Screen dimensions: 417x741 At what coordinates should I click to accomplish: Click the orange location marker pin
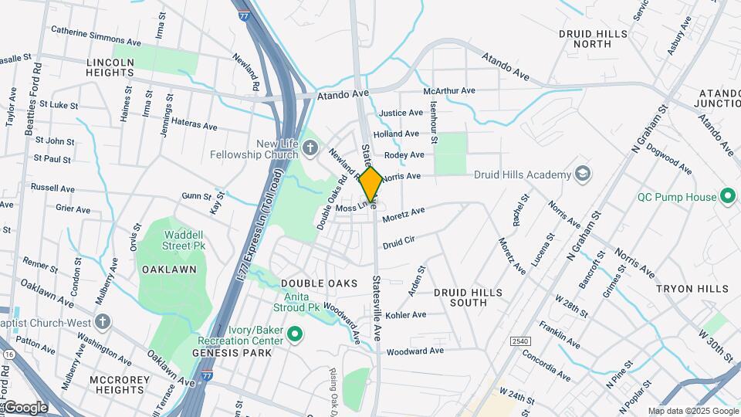click(x=370, y=185)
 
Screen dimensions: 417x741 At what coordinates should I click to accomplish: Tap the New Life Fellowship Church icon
click(x=310, y=147)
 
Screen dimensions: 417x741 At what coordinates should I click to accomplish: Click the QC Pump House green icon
click(x=727, y=196)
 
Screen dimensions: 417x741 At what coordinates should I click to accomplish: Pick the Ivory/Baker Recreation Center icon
click(x=293, y=334)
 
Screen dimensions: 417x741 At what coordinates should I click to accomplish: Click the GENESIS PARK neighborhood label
click(x=232, y=353)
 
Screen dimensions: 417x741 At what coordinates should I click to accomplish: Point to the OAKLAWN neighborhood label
click(x=168, y=270)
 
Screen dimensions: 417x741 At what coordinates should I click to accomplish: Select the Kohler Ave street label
click(x=406, y=315)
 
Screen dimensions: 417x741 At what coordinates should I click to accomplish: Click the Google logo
click(x=25, y=407)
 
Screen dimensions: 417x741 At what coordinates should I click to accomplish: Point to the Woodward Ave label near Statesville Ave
click(x=415, y=351)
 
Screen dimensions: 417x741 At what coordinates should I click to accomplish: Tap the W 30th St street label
click(x=716, y=345)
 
